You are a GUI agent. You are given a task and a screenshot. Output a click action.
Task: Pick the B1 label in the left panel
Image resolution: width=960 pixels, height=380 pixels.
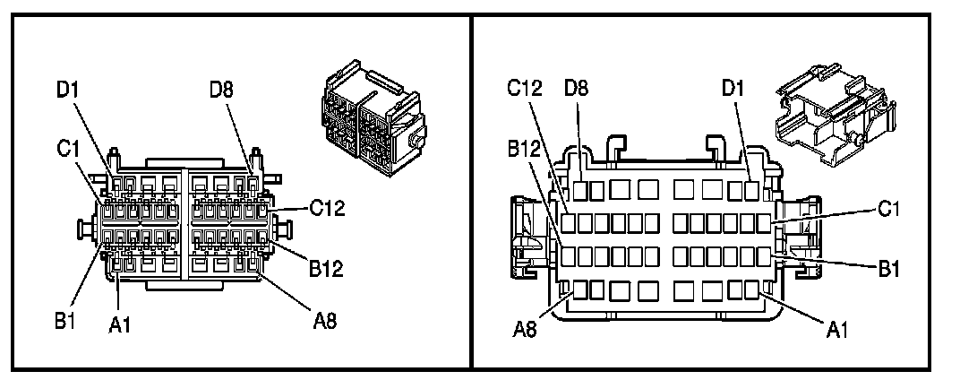click(x=64, y=321)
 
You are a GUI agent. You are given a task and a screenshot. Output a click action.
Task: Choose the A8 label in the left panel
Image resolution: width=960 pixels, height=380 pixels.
click(x=325, y=321)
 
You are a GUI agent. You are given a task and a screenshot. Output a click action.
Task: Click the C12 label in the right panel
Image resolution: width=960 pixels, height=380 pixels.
click(x=527, y=89)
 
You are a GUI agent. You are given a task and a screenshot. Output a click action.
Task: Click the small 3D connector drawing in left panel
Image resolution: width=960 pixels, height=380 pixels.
click(x=367, y=117)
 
